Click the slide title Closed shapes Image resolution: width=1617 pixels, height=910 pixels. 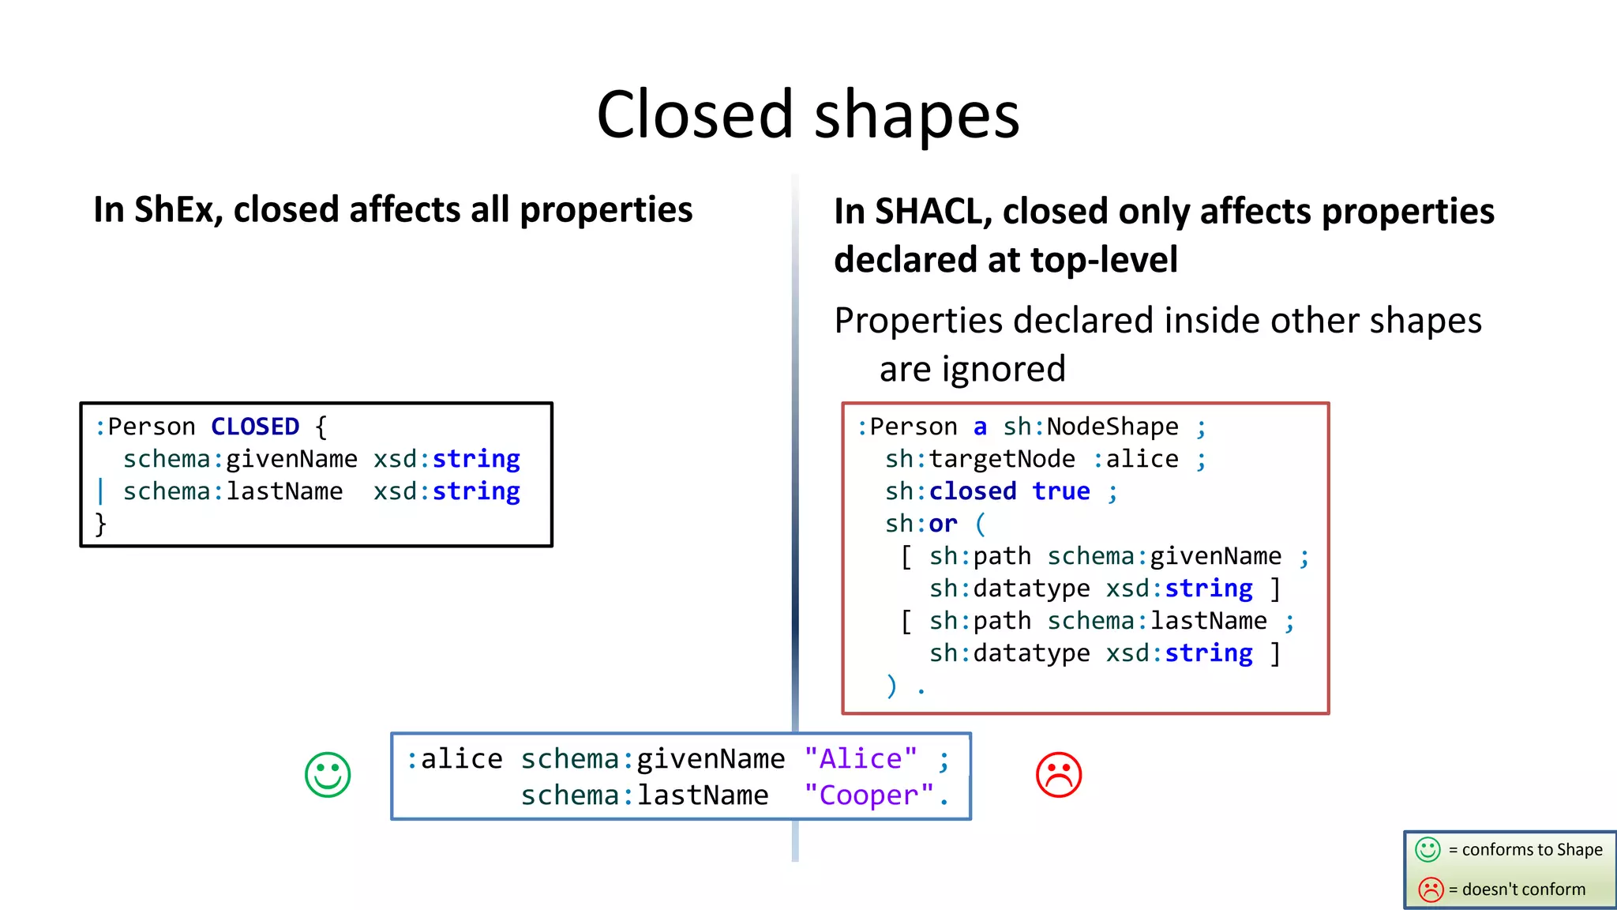(x=808, y=115)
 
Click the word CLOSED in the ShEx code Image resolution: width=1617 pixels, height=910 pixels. (x=255, y=427)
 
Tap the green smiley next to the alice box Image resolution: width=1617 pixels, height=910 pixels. (x=328, y=774)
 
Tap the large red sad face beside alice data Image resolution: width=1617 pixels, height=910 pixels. (x=1058, y=774)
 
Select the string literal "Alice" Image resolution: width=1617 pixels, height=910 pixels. (x=861, y=758)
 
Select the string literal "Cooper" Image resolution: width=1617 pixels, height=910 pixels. (x=869, y=795)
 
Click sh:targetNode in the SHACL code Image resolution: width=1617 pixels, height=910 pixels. (x=980, y=459)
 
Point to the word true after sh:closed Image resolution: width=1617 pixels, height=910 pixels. (x=1060, y=491)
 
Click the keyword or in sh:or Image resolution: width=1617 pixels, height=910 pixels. (x=943, y=524)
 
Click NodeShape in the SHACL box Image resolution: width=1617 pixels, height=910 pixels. (x=1112, y=427)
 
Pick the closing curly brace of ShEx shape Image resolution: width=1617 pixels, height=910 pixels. (x=100, y=524)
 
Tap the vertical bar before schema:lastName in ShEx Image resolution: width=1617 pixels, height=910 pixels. (x=100, y=491)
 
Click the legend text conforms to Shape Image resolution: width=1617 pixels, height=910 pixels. (x=1532, y=850)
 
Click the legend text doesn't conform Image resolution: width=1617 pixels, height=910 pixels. (x=1523, y=889)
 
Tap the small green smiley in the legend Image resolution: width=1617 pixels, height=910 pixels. (x=1428, y=850)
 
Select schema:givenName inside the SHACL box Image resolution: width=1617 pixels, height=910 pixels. (x=1164, y=556)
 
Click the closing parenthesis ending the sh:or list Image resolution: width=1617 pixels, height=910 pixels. (x=891, y=686)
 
